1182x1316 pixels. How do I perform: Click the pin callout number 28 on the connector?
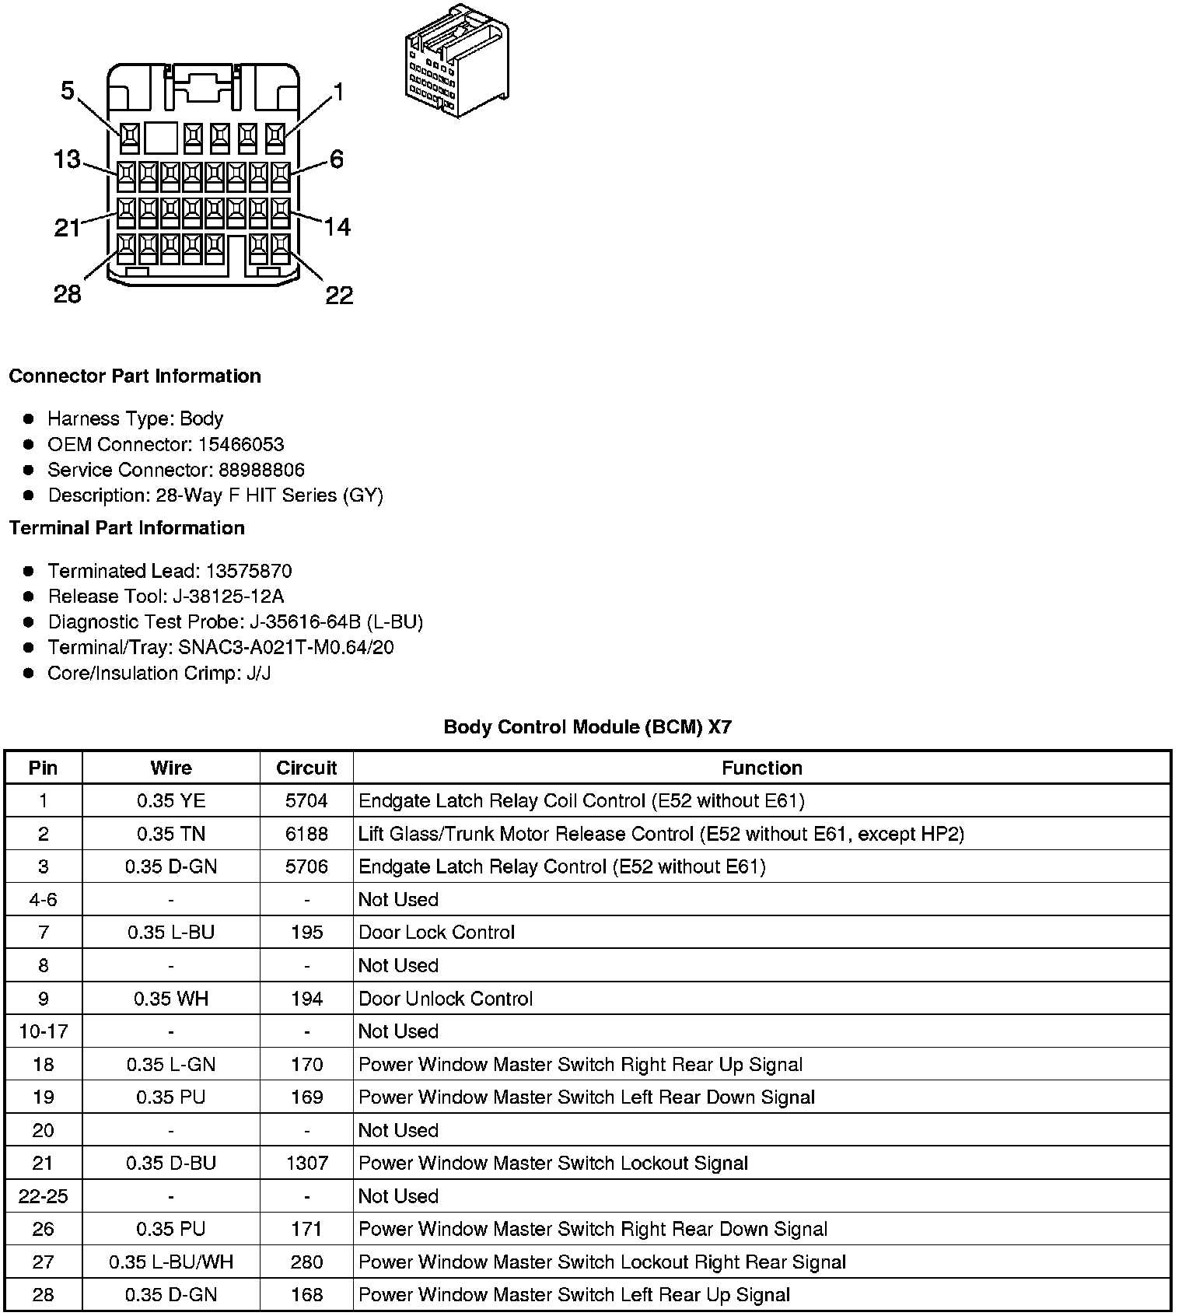[x=67, y=294]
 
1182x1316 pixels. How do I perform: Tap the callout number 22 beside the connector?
[x=339, y=295]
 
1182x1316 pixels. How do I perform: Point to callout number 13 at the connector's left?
[x=67, y=159]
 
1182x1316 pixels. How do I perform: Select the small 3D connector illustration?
[x=457, y=62]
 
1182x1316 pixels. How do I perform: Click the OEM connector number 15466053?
[x=241, y=445]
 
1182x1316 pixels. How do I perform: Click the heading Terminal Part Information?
[x=127, y=528]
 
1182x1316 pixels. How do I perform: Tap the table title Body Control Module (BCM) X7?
[x=587, y=727]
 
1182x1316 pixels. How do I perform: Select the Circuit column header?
[x=306, y=768]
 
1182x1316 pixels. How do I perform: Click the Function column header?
[x=761, y=768]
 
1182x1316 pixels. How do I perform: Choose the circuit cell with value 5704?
[x=306, y=800]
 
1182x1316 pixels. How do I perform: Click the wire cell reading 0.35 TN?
[x=171, y=834]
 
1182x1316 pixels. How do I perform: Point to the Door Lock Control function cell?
[x=436, y=933]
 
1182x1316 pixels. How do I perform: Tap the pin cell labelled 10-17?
[x=44, y=1031]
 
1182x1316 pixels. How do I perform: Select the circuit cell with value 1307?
[x=306, y=1164]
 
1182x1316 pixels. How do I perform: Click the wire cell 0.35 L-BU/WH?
[x=171, y=1262]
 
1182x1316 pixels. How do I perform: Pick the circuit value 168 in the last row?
[x=306, y=1295]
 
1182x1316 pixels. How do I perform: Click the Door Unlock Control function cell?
[x=446, y=999]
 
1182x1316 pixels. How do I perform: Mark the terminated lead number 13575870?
[x=249, y=572]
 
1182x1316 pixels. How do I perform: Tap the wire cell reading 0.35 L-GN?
[x=171, y=1065]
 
